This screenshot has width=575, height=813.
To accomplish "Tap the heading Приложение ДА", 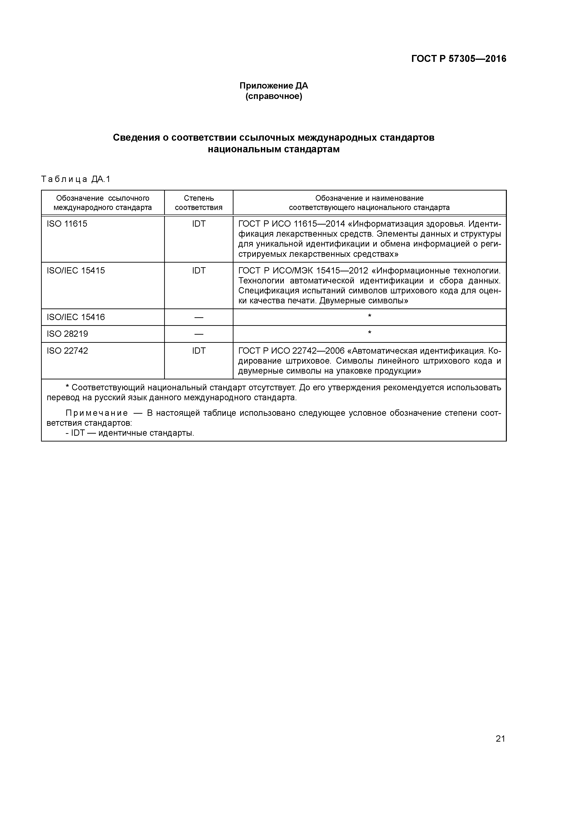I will (274, 86).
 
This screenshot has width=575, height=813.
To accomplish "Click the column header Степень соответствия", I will (198, 203).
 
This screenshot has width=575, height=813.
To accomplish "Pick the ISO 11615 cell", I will (67, 224).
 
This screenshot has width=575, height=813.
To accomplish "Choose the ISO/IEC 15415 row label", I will (76, 270).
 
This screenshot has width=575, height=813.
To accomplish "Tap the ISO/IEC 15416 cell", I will (76, 317).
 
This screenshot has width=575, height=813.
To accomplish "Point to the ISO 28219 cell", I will (67, 334).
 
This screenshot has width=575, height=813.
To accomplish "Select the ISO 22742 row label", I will (67, 351).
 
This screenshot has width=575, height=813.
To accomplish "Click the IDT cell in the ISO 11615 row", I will (199, 224).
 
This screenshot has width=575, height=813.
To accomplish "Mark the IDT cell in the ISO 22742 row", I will (199, 351).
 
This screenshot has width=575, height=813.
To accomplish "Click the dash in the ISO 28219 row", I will (199, 334).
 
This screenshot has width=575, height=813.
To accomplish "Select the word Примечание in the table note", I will (97, 413).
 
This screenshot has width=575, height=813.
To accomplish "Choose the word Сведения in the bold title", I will (136, 137).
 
